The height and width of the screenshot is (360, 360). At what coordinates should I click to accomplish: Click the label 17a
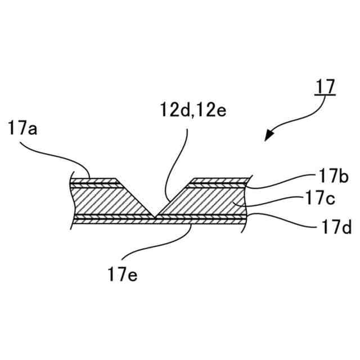[x=23, y=129]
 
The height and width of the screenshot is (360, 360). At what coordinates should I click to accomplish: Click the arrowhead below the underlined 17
[x=270, y=135]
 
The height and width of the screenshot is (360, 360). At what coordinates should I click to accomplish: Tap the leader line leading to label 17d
[x=281, y=219]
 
